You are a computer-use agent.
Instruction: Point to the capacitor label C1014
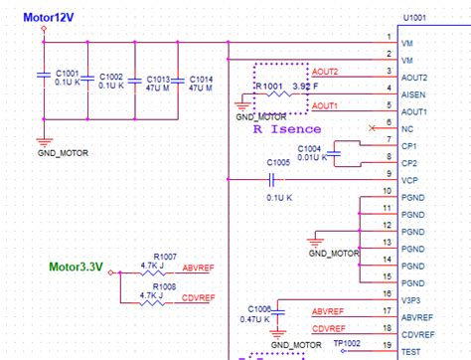click(x=201, y=77)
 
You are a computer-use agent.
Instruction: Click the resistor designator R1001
click(x=270, y=88)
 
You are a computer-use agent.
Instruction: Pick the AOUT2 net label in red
click(x=325, y=71)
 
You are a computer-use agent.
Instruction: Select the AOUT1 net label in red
click(x=325, y=104)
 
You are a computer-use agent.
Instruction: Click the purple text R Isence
click(x=287, y=129)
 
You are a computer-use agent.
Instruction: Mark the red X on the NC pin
click(x=373, y=128)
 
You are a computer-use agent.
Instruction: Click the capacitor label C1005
click(x=279, y=161)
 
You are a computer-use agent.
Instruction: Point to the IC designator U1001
click(x=416, y=16)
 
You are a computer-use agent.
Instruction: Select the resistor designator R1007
click(x=167, y=257)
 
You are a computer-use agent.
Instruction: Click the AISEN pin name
click(x=416, y=94)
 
